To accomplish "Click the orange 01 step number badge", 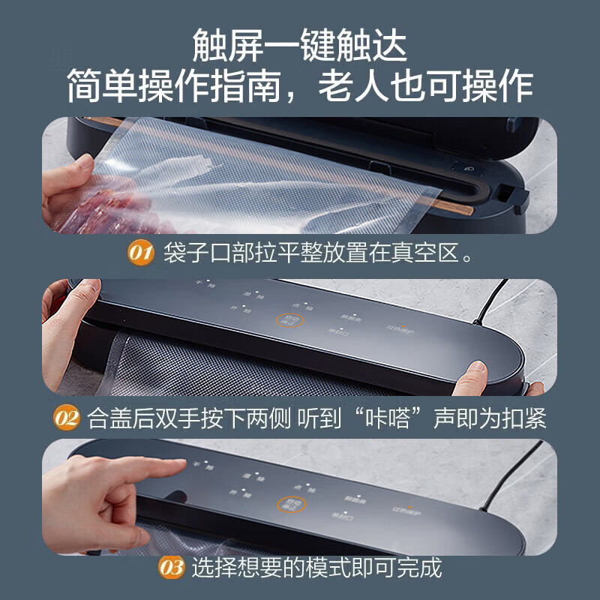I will [x=140, y=253].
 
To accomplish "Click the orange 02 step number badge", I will [x=66, y=418].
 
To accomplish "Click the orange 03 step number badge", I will [x=172, y=568].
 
